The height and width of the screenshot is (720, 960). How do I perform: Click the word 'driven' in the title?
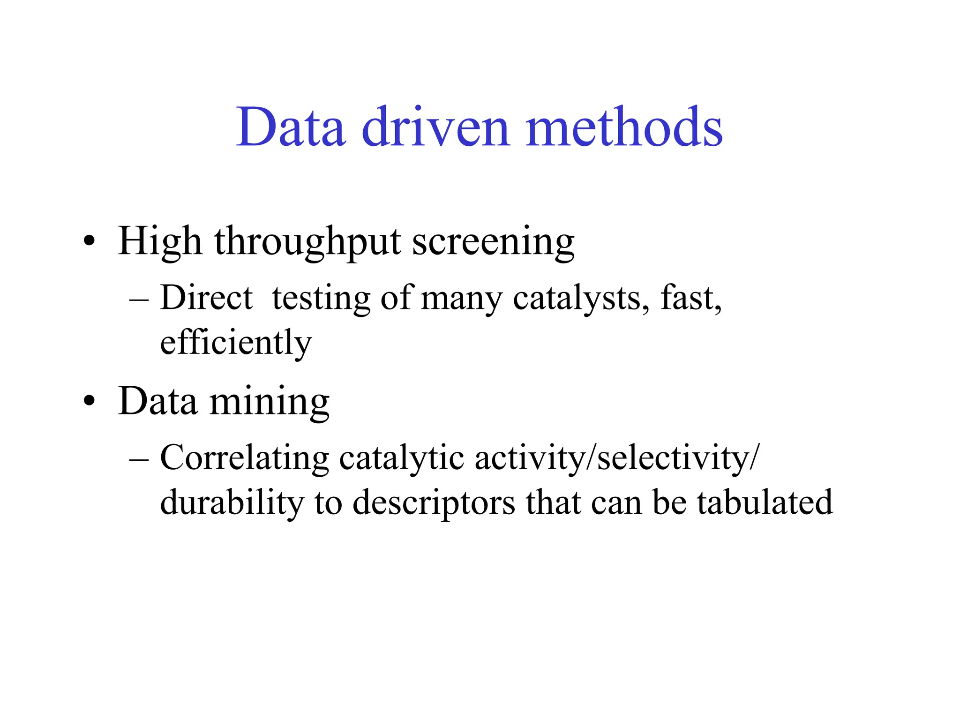click(x=435, y=127)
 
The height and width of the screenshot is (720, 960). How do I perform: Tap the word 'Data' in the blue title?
click(x=291, y=127)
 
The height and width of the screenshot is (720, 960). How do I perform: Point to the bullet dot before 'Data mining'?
click(x=89, y=402)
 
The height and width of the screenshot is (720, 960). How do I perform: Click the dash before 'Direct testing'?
click(x=139, y=299)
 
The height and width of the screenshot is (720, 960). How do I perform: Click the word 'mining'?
click(x=270, y=402)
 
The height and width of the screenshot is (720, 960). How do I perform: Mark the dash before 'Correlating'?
click(x=139, y=458)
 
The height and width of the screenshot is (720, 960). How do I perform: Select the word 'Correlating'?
click(x=245, y=458)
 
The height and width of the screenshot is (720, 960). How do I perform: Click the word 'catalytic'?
click(x=402, y=458)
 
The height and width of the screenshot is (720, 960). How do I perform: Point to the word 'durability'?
click(x=232, y=503)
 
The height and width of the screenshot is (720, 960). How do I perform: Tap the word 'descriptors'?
click(x=434, y=503)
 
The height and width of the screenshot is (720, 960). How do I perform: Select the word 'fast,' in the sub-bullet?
click(x=691, y=299)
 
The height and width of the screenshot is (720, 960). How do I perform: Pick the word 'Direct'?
click(x=206, y=299)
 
